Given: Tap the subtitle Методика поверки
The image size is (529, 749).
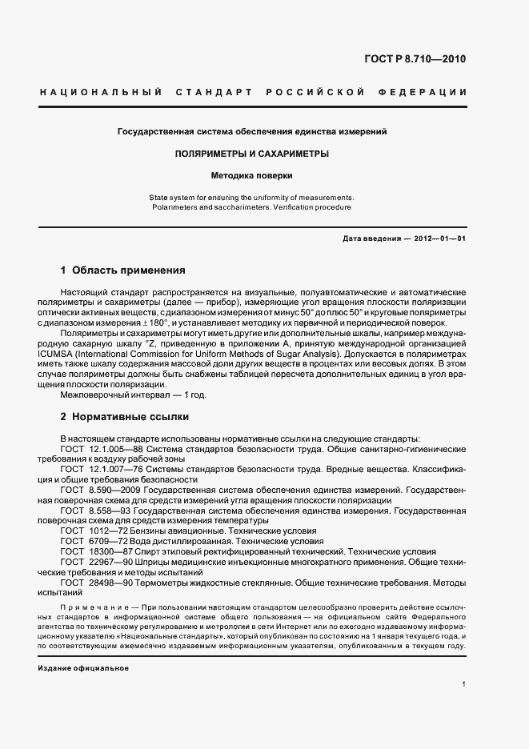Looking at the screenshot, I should [252, 174].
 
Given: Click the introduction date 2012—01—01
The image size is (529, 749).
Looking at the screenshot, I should [439, 238].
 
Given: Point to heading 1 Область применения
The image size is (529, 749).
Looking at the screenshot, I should [123, 270].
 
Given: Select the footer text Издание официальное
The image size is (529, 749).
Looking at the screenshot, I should [83, 667].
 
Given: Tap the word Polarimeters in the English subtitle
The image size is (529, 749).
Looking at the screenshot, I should [174, 207].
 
